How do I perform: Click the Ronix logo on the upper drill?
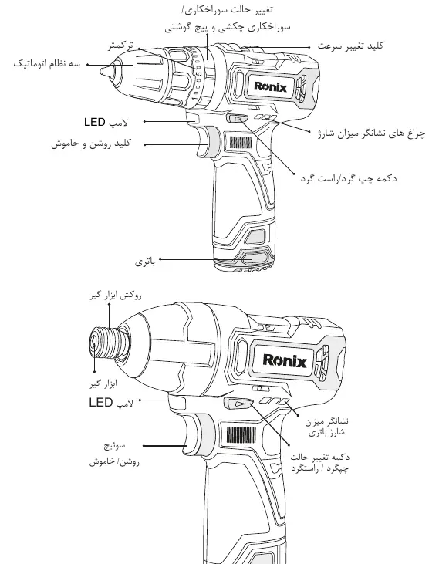[270, 86]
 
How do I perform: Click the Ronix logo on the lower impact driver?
[285, 360]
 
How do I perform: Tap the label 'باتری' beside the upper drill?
[145, 262]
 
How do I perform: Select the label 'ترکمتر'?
[121, 46]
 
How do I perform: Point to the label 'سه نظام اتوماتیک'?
[47, 64]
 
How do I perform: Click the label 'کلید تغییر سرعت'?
[351, 46]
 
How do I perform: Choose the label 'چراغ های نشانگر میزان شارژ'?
[372, 133]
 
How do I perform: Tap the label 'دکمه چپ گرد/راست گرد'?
[349, 178]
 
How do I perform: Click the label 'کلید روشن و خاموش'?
[90, 144]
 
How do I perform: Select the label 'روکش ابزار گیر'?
[116, 296]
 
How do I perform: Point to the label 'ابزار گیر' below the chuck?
[103, 384]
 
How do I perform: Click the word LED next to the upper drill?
[95, 122]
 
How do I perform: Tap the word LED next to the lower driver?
[101, 402]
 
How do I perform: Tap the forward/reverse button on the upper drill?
[238, 119]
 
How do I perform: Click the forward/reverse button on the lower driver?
[238, 404]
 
